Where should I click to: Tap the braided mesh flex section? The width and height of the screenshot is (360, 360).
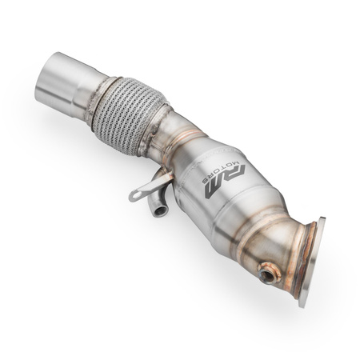click(x=126, y=112)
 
